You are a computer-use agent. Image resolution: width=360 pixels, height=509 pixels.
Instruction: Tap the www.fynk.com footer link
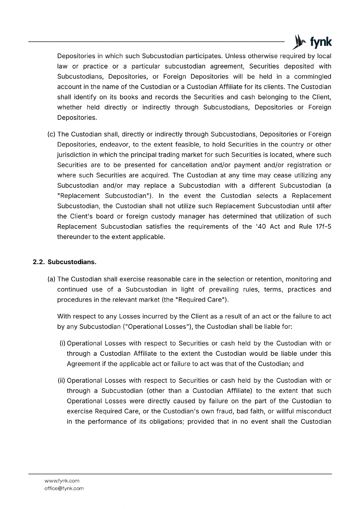[x=62, y=481]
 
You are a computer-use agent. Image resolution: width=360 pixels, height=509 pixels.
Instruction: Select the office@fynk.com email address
[x=64, y=488]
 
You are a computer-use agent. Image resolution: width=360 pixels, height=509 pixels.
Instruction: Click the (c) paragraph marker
[x=51, y=134]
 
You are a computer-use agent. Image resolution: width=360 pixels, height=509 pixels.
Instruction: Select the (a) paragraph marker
[x=51, y=279]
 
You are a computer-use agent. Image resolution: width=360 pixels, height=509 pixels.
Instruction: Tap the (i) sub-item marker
[x=63, y=343]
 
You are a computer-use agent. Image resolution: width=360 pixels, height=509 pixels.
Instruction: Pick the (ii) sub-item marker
[x=62, y=380]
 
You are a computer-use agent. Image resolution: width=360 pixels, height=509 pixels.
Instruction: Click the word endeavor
[x=114, y=144]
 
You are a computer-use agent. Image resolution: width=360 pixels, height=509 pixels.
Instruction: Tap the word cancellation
[x=188, y=165]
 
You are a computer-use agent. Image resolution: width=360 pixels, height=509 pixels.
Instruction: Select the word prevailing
[x=224, y=289]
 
